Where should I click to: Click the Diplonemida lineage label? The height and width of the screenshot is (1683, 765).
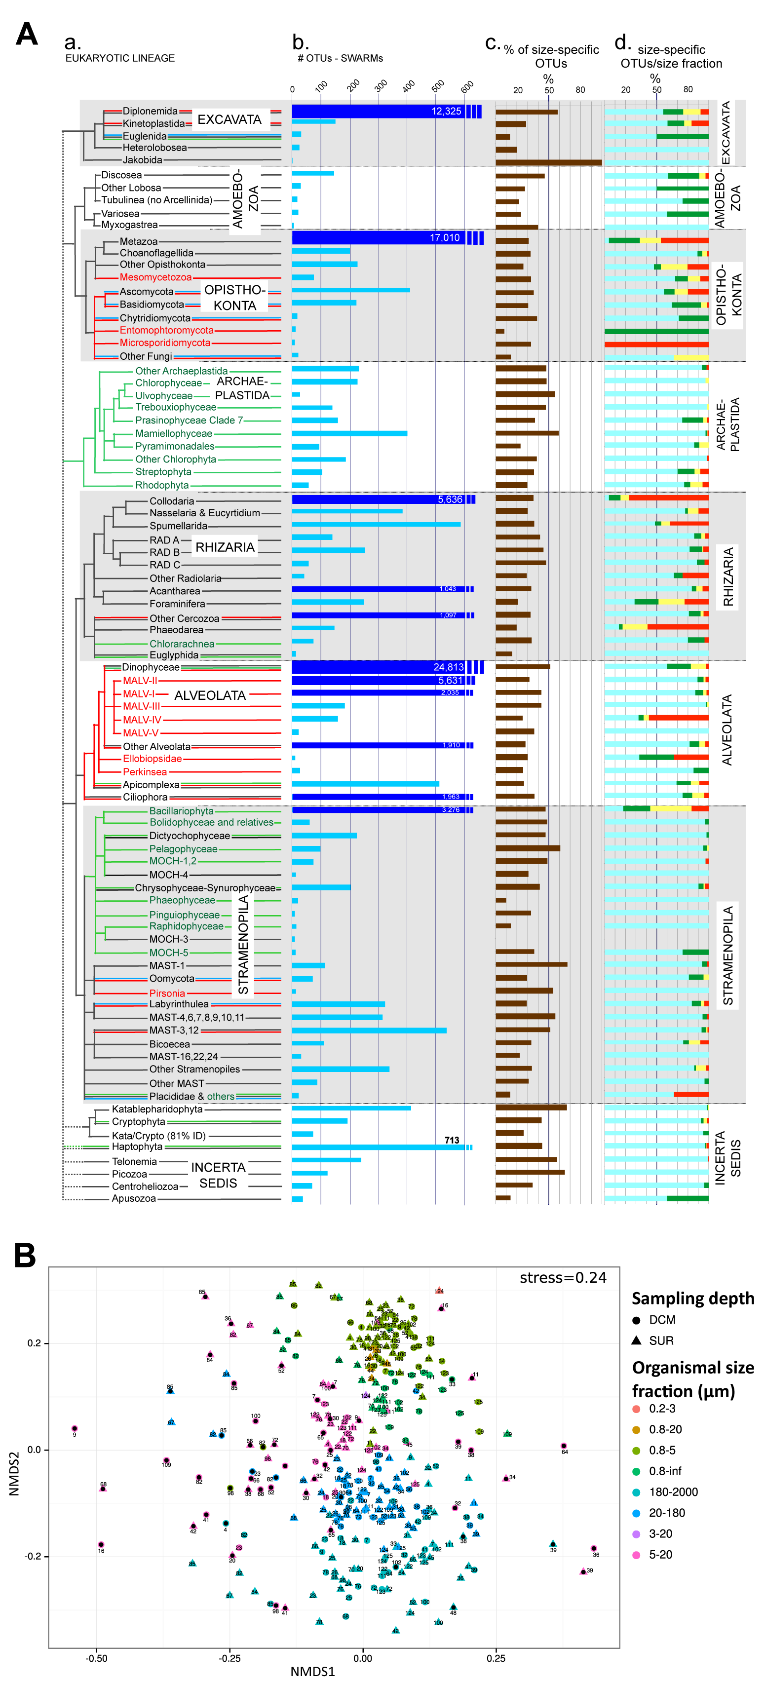click(150, 111)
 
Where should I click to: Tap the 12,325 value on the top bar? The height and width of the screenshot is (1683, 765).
click(446, 111)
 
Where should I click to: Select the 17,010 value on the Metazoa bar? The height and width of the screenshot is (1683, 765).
click(444, 238)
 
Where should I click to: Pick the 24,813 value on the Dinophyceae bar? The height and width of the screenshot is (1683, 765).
click(448, 667)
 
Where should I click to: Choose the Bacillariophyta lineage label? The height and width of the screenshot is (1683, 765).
click(181, 811)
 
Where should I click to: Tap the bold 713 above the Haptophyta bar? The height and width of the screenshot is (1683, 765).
click(452, 1140)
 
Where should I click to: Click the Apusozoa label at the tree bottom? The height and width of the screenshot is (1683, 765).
click(133, 1199)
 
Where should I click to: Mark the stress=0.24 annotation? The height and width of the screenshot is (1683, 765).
click(563, 1277)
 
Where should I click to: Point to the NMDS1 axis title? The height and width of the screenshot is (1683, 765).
click(312, 1671)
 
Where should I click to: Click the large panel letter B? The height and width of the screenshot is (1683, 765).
click(25, 1255)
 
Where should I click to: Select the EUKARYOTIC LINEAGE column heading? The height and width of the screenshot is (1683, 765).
click(120, 58)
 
